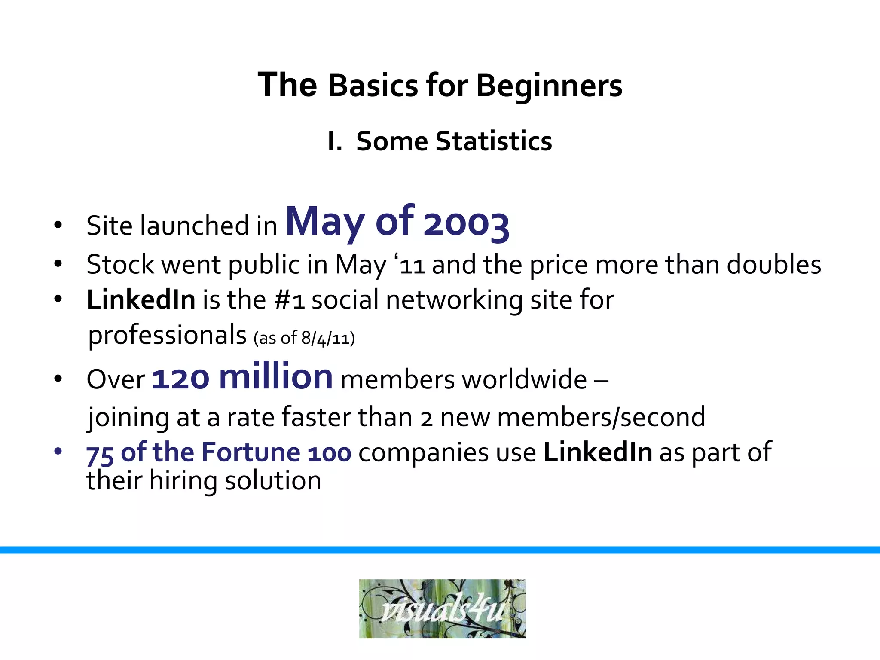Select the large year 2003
tap(466, 223)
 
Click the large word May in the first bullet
tap(325, 221)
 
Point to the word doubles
tap(774, 264)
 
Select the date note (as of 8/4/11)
tap(304, 339)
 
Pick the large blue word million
tap(275, 376)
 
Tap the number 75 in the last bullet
tap(100, 454)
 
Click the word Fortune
tap(251, 452)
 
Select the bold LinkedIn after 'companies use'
tap(598, 452)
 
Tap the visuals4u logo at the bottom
tap(442, 608)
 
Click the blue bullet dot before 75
tap(58, 451)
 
